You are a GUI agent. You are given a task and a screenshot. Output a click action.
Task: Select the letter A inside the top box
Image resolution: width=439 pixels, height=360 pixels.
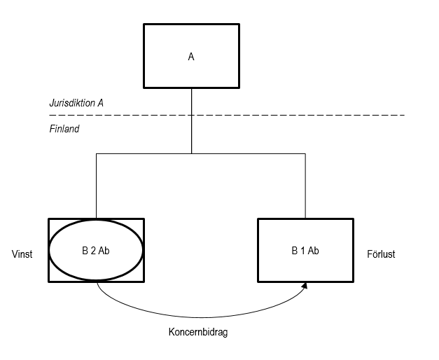[x=191, y=57]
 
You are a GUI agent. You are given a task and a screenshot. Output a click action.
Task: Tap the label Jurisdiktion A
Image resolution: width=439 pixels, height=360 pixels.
[x=76, y=103]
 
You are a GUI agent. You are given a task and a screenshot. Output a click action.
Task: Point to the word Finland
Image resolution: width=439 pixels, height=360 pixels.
[x=64, y=130]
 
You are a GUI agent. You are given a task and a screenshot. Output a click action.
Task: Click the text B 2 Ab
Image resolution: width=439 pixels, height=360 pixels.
[x=96, y=249]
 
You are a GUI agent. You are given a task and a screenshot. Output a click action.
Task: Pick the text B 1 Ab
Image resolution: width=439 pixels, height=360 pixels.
[x=306, y=249]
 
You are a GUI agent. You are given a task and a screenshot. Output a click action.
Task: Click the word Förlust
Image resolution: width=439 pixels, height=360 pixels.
[x=381, y=254]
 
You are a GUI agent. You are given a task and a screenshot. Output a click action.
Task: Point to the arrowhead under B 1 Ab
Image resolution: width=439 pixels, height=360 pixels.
[x=306, y=284]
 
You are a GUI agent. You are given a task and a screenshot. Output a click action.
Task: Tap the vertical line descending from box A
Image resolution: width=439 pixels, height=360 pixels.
[x=191, y=133]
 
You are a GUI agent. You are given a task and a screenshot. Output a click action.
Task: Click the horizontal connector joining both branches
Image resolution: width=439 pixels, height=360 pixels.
[x=245, y=153]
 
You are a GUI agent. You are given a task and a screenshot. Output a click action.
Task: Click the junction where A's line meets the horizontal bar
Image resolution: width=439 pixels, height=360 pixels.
[x=191, y=153]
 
